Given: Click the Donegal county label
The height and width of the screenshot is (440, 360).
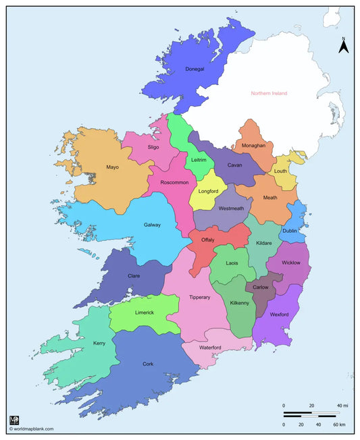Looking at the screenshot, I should (195, 69).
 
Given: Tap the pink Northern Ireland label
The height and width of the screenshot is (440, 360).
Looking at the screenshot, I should (269, 93).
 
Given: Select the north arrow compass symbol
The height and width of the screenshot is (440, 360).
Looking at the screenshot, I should (343, 46).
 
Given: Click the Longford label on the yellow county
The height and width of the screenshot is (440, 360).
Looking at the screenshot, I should (209, 192).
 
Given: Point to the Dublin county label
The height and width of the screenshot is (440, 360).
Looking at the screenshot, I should (290, 231).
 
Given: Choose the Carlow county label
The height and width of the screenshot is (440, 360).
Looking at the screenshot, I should (260, 287).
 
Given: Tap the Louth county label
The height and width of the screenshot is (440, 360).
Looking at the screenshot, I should (280, 171).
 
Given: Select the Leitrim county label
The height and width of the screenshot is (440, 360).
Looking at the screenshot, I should (199, 160).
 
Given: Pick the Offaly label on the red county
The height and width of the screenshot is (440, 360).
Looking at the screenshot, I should (208, 240).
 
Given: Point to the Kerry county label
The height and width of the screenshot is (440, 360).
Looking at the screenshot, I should (99, 343).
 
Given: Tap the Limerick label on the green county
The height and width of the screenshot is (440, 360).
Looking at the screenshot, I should (145, 312).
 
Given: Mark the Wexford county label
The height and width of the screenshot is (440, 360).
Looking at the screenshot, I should (280, 314).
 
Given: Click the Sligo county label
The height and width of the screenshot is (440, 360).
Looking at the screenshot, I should (153, 146).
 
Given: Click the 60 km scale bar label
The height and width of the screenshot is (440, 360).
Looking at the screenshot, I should (338, 424).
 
